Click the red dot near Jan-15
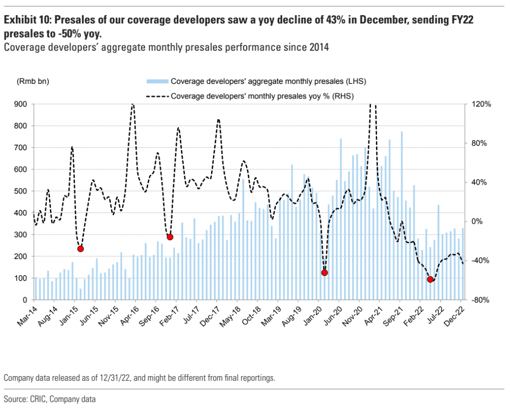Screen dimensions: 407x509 80,249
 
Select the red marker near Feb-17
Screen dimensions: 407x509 170,237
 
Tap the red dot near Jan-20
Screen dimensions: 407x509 324,273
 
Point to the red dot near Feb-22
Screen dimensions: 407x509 430,279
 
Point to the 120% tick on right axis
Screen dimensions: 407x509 482,104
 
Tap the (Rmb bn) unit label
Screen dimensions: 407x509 33,81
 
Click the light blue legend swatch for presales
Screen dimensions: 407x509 157,81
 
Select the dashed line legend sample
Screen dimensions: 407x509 157,96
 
